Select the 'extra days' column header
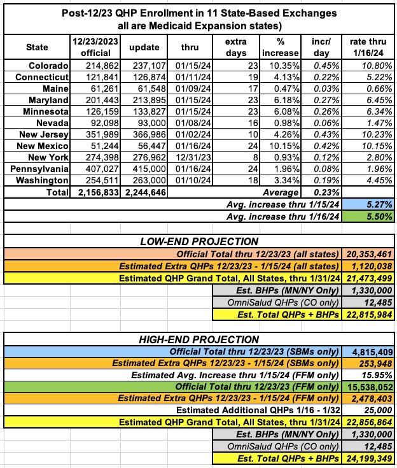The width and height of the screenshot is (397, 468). pyautogui.click(x=235, y=48)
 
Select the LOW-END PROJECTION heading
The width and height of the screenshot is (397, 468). pyautogui.click(x=198, y=241)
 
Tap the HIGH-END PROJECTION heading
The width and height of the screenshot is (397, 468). pyautogui.click(x=198, y=339)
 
